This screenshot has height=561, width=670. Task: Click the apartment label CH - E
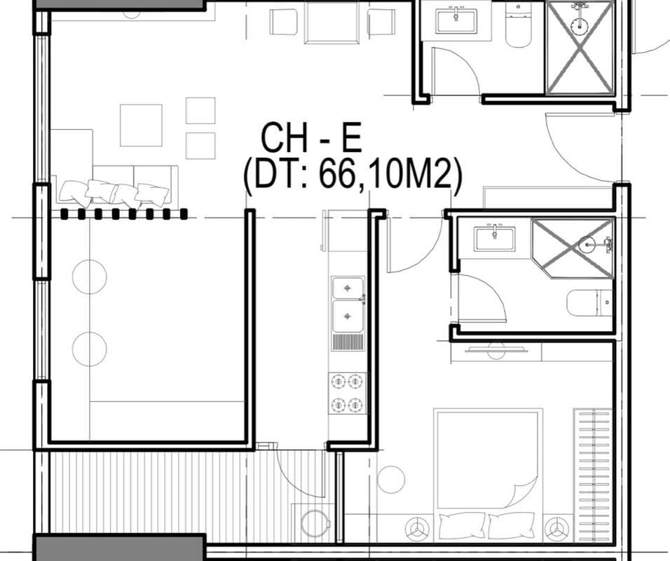tap(310, 138)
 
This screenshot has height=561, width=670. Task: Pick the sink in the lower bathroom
tap(494, 238)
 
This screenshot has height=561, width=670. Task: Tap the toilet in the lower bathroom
tap(589, 302)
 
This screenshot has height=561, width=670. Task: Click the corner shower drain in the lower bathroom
tap(588, 245)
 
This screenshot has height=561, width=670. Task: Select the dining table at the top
tap(331, 23)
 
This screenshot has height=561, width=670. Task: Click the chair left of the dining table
tap(284, 22)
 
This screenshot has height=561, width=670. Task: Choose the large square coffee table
tap(141, 125)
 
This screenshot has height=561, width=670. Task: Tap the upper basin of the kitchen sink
tap(348, 288)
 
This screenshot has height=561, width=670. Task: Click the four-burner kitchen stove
tap(348, 393)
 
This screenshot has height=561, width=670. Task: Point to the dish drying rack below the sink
tap(348, 342)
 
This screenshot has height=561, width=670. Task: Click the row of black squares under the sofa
tap(124, 214)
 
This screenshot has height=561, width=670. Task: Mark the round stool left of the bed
tap(391, 480)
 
